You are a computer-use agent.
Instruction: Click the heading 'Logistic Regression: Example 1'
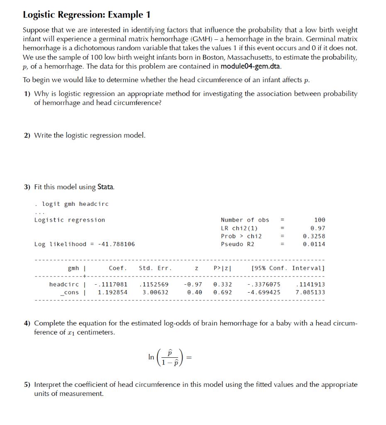86,15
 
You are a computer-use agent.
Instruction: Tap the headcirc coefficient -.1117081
111,284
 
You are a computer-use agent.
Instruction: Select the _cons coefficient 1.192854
112,292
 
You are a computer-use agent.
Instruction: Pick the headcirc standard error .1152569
154,284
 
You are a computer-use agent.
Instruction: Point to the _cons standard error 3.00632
156,292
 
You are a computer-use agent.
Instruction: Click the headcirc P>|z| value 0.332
222,284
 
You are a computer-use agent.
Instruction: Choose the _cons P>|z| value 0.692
222,292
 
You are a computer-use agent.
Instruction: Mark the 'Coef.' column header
118,268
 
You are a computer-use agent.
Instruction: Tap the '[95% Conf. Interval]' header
288,268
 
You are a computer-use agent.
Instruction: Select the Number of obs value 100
320,220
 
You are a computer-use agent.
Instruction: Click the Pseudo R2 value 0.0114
314,244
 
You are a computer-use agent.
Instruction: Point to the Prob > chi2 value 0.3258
314,236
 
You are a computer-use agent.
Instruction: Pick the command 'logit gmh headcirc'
75,204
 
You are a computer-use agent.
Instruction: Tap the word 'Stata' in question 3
105,187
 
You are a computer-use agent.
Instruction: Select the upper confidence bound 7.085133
310,292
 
